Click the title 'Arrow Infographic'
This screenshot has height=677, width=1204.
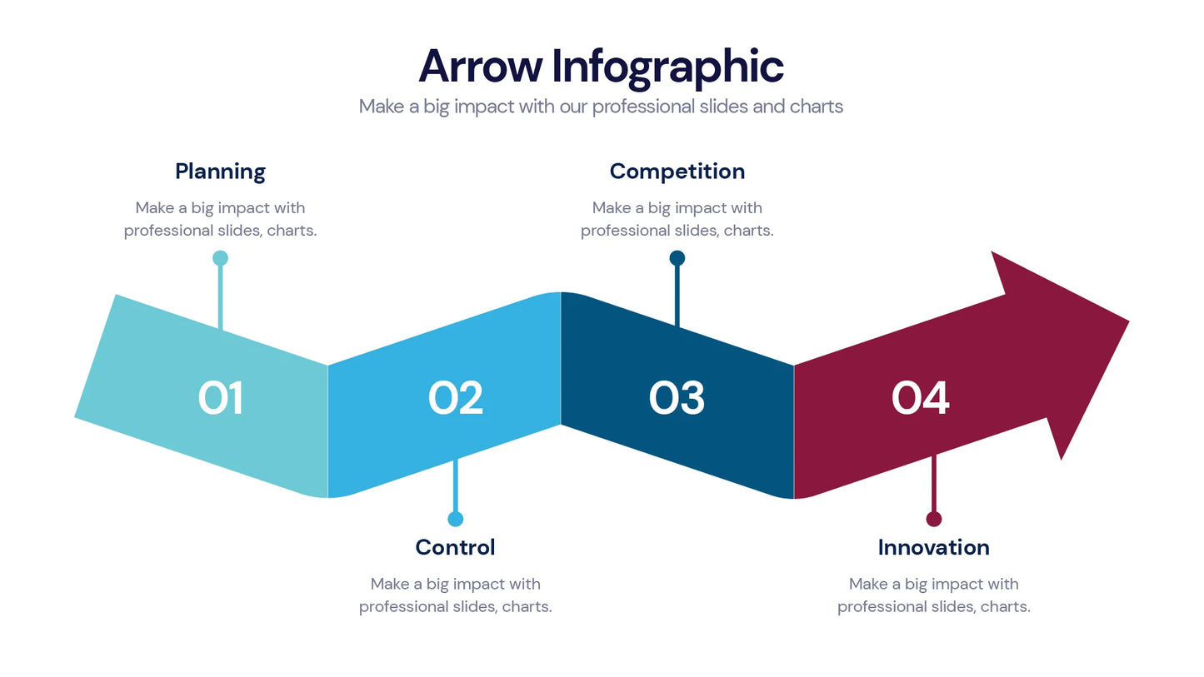point(601,66)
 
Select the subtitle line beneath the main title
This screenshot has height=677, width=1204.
point(601,107)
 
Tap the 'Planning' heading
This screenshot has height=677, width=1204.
point(220,172)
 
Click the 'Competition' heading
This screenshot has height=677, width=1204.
point(677,172)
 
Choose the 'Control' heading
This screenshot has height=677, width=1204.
point(455,547)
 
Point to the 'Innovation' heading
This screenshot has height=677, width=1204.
point(933,547)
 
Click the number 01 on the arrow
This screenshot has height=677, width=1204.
point(221,398)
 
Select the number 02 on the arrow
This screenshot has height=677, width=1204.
point(455,398)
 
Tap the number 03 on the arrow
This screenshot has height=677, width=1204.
point(677,398)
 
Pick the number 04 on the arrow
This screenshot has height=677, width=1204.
point(920,398)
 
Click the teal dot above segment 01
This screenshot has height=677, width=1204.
point(220,258)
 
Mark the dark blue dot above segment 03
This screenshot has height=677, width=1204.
point(677,258)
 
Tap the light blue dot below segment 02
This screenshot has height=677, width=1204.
point(455,519)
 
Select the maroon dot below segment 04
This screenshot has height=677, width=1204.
point(933,519)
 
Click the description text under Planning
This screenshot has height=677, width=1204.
point(220,219)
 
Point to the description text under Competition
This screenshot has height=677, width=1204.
point(677,219)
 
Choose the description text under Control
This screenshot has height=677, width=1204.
point(455,595)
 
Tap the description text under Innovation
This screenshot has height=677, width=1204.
point(933,595)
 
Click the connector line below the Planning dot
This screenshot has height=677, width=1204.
point(220,296)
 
